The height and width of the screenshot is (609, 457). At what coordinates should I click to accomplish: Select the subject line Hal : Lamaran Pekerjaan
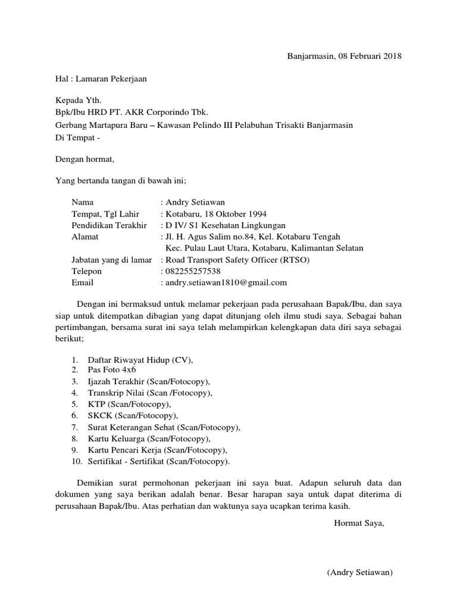pyautogui.click(x=101, y=78)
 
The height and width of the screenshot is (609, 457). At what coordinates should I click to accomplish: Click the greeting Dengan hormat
pyautogui.click(x=84, y=159)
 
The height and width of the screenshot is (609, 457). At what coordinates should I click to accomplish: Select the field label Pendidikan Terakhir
pyautogui.click(x=109, y=225)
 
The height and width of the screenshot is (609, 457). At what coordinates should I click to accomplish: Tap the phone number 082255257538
pyautogui.click(x=195, y=271)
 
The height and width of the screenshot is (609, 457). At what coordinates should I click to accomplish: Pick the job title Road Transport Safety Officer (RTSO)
pyautogui.click(x=237, y=259)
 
